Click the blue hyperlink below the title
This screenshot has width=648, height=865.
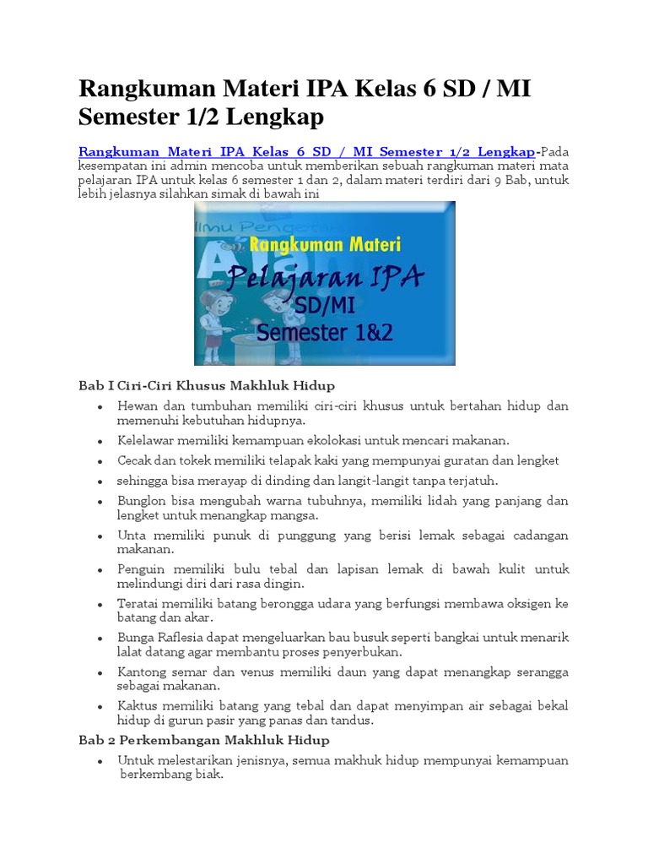[x=307, y=152]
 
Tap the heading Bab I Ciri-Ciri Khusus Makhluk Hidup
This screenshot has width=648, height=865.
[x=207, y=386]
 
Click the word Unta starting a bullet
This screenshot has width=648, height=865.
[x=131, y=536]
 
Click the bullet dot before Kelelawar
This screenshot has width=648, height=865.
[x=100, y=441]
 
